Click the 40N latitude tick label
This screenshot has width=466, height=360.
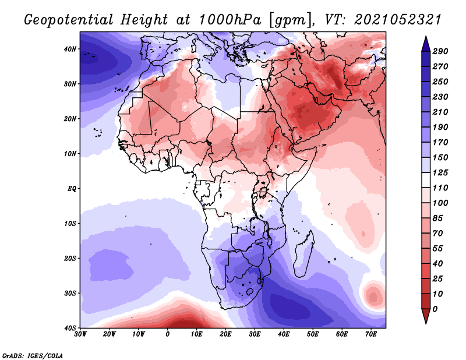(x=70, y=49)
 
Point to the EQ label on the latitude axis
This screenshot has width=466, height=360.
(x=72, y=189)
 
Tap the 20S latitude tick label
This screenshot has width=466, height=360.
(x=70, y=258)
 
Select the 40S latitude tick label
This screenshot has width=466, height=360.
(x=70, y=328)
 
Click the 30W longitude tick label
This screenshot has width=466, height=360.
(x=80, y=334)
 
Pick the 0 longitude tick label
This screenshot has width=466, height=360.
(x=168, y=334)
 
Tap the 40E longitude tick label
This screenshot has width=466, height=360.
(x=284, y=334)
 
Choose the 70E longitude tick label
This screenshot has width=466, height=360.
(x=371, y=334)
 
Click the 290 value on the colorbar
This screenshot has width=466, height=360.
(x=440, y=51)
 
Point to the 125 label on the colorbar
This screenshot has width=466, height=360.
(x=440, y=172)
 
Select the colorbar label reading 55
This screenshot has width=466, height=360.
(x=438, y=249)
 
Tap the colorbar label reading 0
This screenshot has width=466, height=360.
(x=435, y=309)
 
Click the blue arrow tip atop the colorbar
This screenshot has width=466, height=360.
(x=426, y=37)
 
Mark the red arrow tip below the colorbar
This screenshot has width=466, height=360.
(x=426, y=323)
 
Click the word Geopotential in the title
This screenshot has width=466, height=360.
(x=69, y=20)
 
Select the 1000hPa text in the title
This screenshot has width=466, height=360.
(x=230, y=20)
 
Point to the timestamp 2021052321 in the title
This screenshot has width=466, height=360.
(x=398, y=20)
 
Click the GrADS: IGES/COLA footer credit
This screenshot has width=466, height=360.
(x=33, y=355)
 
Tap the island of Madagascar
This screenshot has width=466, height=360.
(x=303, y=254)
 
